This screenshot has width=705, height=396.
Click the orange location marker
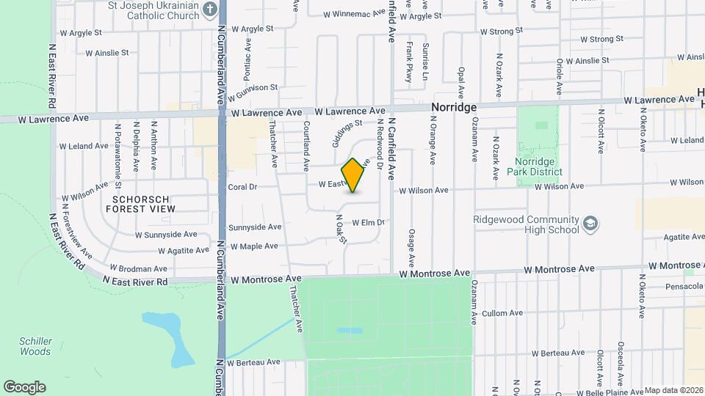(x=353, y=175)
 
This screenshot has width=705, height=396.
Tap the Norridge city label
(x=454, y=107)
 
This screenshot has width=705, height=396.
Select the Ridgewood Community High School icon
(x=590, y=223)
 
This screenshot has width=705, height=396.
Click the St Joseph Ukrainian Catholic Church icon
(x=209, y=10)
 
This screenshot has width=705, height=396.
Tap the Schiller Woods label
(x=35, y=346)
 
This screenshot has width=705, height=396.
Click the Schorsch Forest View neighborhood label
(x=143, y=203)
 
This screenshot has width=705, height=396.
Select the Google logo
(x=24, y=386)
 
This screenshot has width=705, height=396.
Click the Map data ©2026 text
(x=674, y=390)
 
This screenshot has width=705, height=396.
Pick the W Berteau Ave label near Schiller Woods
(x=253, y=362)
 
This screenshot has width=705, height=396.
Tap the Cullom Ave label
(x=502, y=313)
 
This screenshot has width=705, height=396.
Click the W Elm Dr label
(x=369, y=222)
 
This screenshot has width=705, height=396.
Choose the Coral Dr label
(x=242, y=187)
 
